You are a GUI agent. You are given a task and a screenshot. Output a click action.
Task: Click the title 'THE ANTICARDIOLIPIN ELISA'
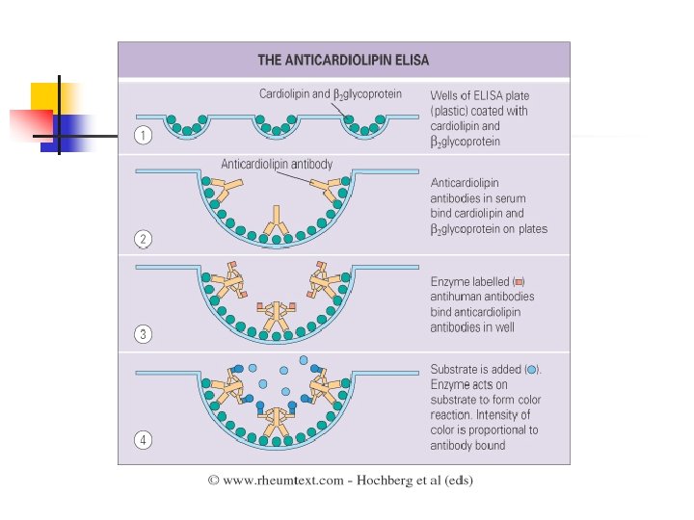pos(342,60)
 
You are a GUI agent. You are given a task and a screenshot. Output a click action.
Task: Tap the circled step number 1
pos(143,136)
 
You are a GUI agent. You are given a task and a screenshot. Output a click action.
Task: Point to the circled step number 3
pos(143,334)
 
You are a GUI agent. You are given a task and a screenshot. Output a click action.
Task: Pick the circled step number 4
pos(143,440)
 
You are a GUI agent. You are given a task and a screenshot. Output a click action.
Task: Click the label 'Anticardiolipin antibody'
pos(277,165)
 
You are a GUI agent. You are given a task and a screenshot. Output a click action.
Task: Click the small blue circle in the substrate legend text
pos(532,370)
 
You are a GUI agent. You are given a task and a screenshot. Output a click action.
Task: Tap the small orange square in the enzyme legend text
pos(519,281)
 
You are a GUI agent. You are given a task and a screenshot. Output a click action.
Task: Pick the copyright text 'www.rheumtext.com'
pos(282,480)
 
